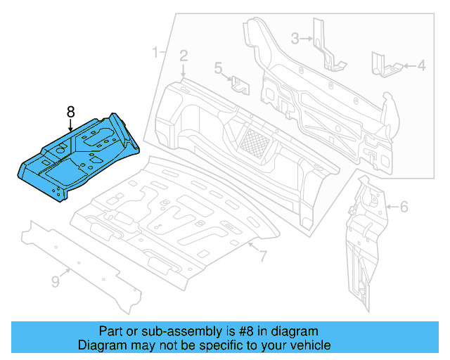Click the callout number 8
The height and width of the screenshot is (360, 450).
pyautogui.click(x=70, y=112)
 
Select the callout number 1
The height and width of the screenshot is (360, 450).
pyautogui.click(x=155, y=52)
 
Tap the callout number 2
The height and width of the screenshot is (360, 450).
pyautogui.click(x=184, y=55)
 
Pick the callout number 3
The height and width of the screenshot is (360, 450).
pyautogui.click(x=295, y=37)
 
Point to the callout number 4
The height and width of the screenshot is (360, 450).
pyautogui.click(x=422, y=66)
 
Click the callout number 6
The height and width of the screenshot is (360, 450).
pyautogui.click(x=404, y=207)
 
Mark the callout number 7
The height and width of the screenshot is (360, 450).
pyautogui.click(x=262, y=257)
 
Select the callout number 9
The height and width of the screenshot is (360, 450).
pyautogui.click(x=56, y=282)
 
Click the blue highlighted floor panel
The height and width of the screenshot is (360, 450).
pyautogui.click(x=77, y=158)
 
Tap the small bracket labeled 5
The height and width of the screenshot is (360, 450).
pyautogui.click(x=240, y=85)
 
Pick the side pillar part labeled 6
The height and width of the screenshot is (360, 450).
pyautogui.click(x=362, y=239)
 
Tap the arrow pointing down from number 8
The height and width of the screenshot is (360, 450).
pyautogui.click(x=70, y=126)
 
